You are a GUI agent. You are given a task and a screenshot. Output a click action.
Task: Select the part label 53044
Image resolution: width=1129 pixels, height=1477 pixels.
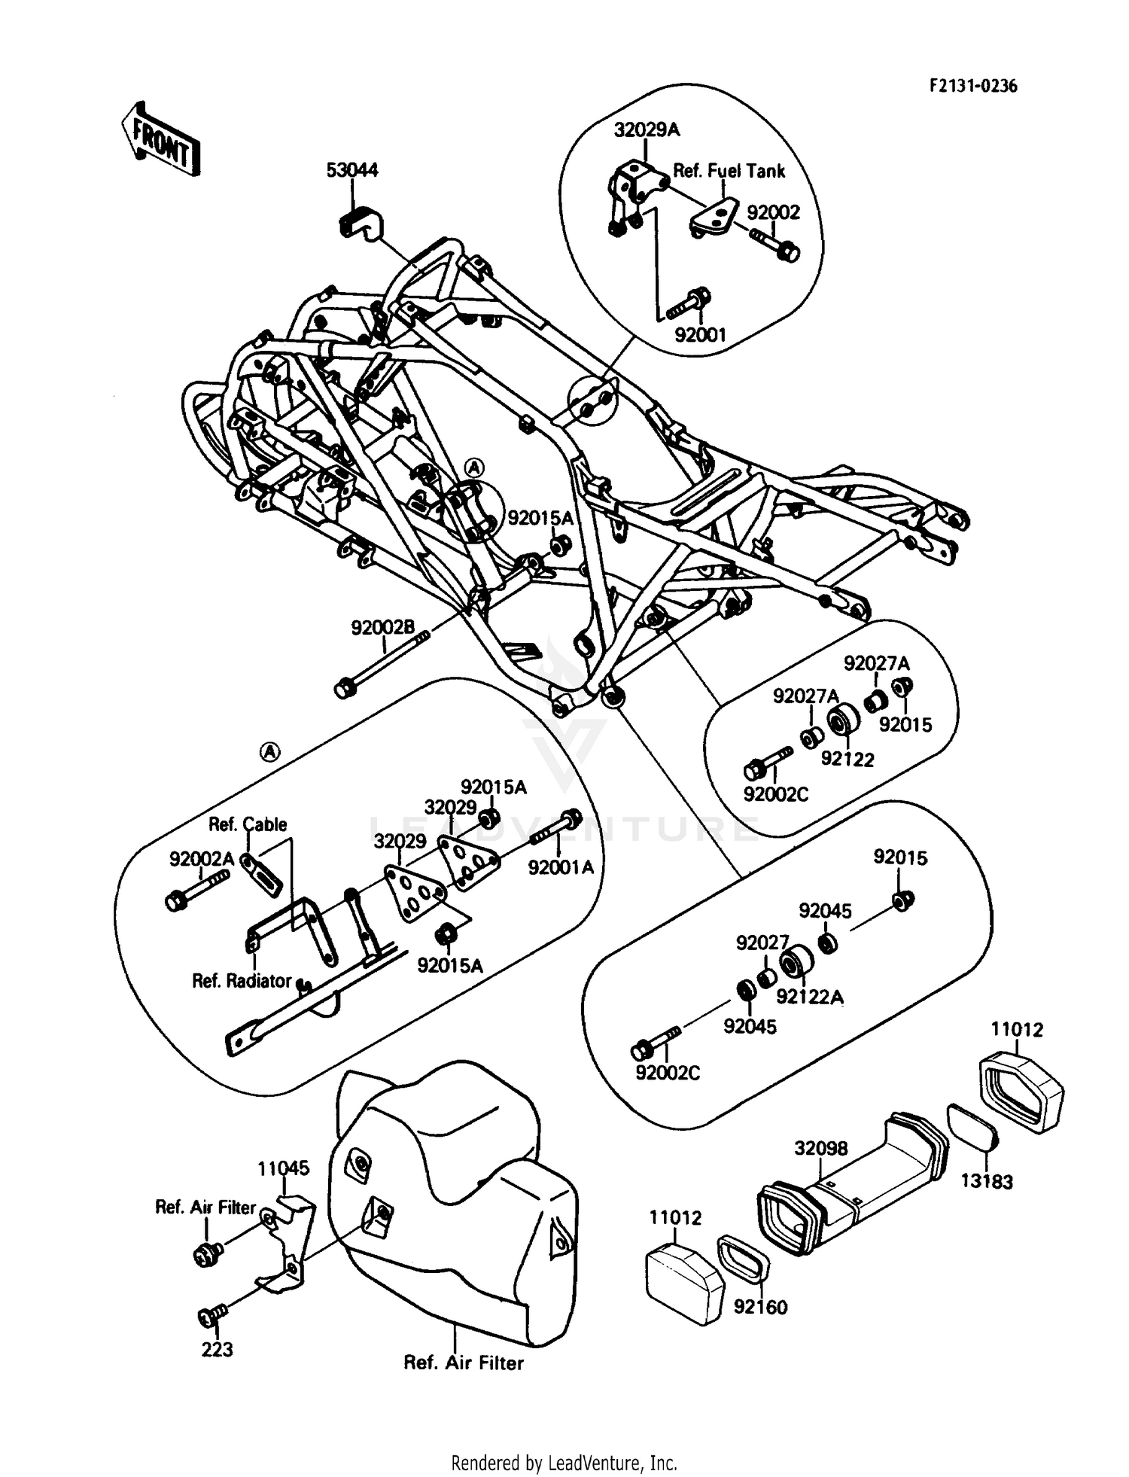pos(352,170)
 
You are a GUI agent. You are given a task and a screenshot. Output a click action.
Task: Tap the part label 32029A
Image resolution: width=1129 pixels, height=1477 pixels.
pos(646,130)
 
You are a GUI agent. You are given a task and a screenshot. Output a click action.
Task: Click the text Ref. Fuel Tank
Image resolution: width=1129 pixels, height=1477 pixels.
pos(728,171)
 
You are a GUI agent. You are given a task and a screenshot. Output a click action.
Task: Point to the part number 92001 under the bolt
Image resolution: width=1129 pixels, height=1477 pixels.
pos(700,335)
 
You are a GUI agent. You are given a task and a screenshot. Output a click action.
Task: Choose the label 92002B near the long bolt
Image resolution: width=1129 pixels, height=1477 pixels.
pos(382,627)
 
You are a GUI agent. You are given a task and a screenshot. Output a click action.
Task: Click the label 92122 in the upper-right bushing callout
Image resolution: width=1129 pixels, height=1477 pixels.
pos(847,759)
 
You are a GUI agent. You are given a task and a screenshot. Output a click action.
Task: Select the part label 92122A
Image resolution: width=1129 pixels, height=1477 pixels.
pos(810,997)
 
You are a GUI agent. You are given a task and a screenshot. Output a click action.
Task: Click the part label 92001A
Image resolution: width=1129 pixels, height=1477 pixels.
pos(561,867)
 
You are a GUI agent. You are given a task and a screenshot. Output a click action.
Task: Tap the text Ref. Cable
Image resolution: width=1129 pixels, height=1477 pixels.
pos(248,824)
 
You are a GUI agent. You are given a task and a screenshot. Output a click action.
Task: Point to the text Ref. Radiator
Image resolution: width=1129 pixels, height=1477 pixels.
pos(242,981)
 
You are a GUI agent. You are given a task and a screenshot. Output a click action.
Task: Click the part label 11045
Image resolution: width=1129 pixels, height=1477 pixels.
pos(283,1168)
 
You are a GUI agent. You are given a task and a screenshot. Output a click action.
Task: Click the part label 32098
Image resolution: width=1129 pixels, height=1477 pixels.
pos(821,1148)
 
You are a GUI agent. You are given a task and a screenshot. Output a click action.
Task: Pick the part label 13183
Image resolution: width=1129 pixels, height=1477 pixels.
pos(987,1181)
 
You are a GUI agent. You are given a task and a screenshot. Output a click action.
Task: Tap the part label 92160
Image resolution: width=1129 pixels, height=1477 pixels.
pos(760,1307)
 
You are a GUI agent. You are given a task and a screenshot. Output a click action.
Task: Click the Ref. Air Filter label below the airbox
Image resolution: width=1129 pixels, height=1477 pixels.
pos(464,1363)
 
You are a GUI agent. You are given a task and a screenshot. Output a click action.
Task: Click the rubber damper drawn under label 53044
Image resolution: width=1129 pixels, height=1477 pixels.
pos(360,222)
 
